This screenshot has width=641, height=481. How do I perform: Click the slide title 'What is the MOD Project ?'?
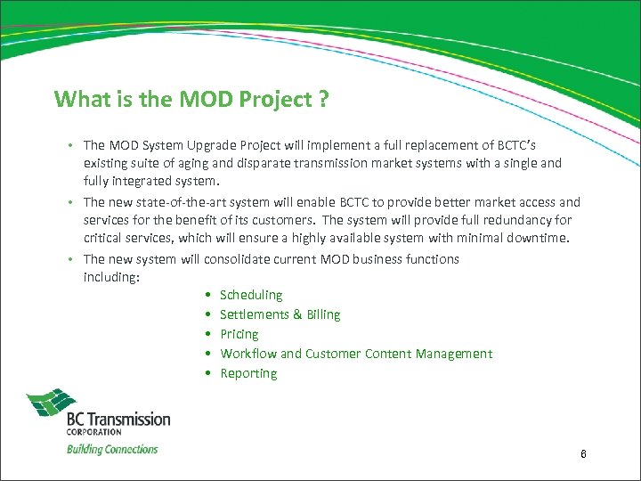[191, 98]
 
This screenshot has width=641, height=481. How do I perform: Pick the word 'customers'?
[342, 220]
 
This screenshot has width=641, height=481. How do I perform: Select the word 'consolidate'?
[239, 259]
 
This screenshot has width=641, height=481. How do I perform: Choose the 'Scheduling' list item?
[251, 295]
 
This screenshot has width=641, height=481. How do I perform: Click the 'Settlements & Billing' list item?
[280, 314]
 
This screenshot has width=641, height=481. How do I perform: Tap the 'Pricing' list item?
[239, 334]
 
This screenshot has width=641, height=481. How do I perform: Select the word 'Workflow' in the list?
[247, 354]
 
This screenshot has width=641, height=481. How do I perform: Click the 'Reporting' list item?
[248, 373]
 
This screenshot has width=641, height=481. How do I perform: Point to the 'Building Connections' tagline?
[112, 449]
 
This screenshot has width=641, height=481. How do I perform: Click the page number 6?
[583, 454]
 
